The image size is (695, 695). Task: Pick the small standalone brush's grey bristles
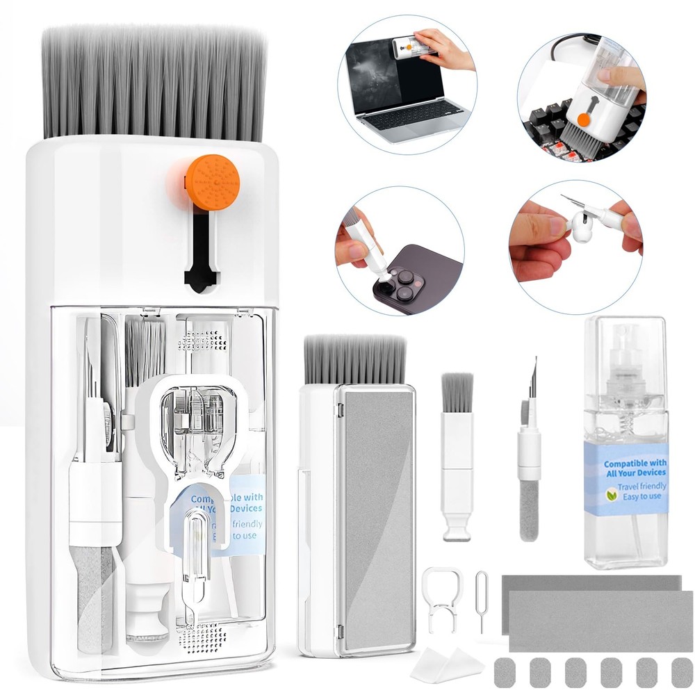(x=457, y=393)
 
